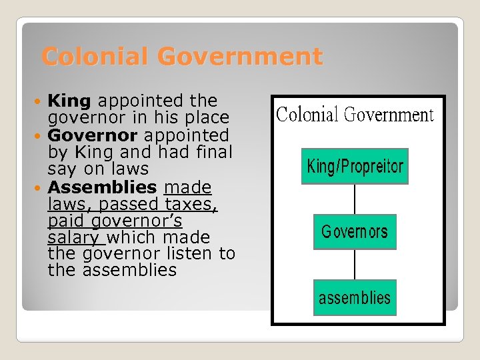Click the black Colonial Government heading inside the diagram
pos(355,115)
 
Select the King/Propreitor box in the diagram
pos(355,166)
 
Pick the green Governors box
pos(355,232)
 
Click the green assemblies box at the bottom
pos(355,297)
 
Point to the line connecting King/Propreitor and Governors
pos(355,199)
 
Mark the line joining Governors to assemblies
pos(355,264)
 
